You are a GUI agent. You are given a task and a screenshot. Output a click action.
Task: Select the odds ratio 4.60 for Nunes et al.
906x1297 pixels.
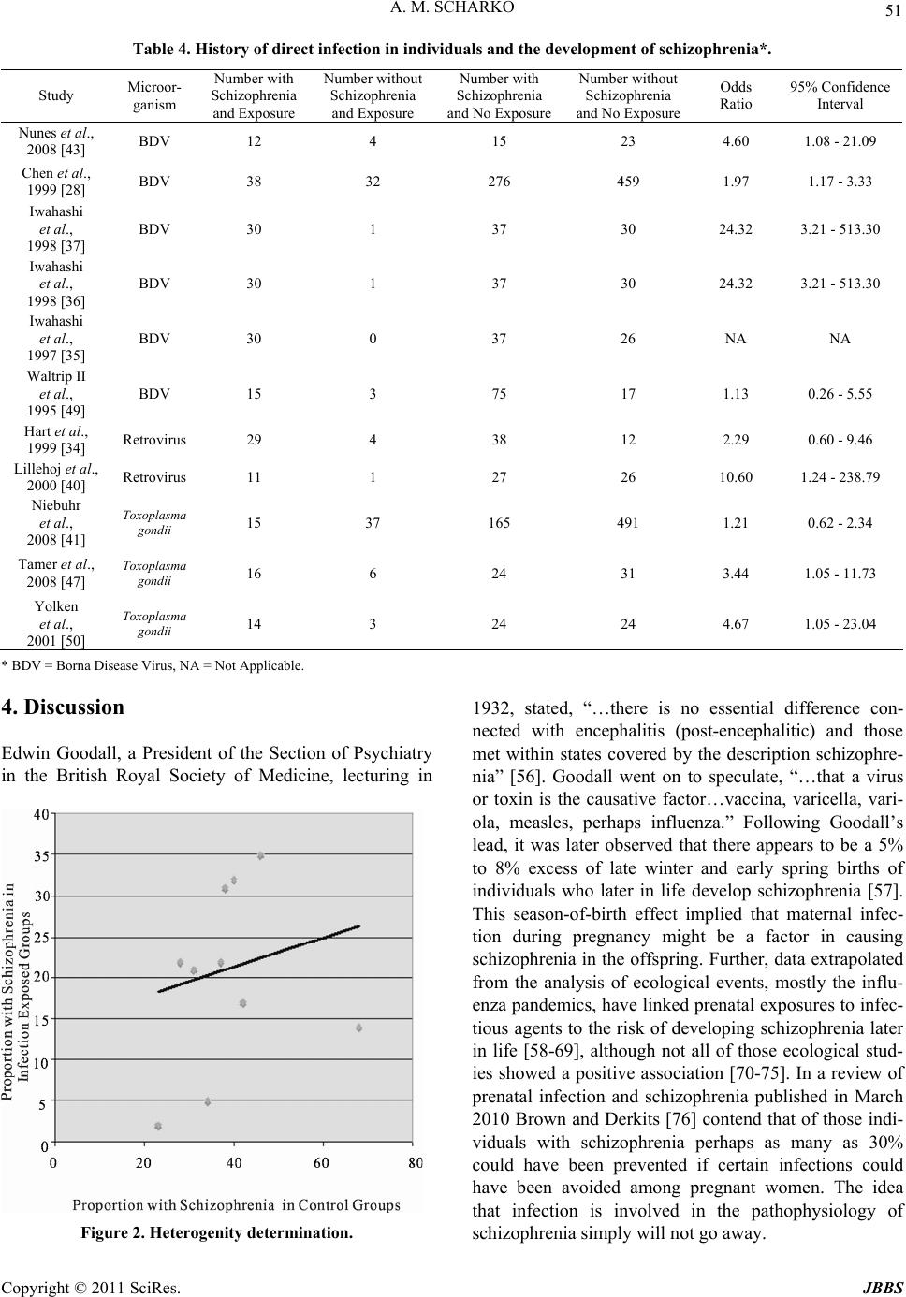[736, 142]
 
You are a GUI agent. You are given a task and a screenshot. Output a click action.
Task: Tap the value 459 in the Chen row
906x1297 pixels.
[628, 180]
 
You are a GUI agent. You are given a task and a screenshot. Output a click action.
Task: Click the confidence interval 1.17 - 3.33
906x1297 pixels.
[840, 180]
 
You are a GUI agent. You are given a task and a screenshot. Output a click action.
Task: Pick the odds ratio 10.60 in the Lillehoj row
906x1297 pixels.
[736, 477]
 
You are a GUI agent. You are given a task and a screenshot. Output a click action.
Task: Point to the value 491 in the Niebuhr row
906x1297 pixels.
[628, 523]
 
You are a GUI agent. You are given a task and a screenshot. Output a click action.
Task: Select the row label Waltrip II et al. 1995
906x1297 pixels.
[57, 394]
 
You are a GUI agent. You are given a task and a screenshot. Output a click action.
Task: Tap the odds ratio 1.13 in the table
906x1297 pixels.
[736, 394]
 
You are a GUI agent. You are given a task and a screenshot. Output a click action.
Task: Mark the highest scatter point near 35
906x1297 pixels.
[260, 855]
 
